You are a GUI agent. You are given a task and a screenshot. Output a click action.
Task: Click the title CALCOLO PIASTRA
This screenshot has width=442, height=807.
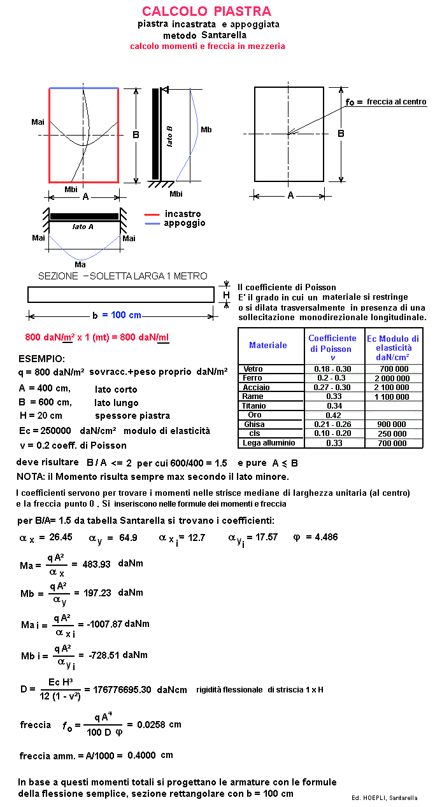click(x=206, y=11)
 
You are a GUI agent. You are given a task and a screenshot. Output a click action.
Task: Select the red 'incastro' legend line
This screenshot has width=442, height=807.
click(x=152, y=214)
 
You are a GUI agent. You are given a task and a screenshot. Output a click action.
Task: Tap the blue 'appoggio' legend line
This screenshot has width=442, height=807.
click(x=152, y=223)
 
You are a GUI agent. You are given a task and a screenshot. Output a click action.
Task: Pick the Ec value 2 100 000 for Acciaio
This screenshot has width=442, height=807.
click(x=392, y=388)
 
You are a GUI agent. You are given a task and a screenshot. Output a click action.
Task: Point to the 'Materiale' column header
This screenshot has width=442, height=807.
click(x=267, y=345)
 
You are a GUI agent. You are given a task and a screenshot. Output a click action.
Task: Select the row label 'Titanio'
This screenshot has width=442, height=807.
click(x=254, y=406)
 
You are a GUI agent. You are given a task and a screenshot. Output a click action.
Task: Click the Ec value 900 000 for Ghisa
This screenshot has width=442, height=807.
click(x=392, y=425)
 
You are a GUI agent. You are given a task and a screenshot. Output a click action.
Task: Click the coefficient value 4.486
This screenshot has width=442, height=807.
click(x=324, y=537)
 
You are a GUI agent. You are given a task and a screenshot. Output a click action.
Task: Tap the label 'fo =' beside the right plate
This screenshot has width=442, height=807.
click(x=354, y=102)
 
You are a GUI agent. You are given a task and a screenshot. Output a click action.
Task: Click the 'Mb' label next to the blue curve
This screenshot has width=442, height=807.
click(x=206, y=130)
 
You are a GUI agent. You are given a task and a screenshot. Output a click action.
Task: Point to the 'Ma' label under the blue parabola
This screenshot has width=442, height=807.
click(x=80, y=264)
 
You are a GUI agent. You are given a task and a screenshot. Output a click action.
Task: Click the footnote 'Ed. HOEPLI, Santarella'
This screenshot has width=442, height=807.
click(x=385, y=797)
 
